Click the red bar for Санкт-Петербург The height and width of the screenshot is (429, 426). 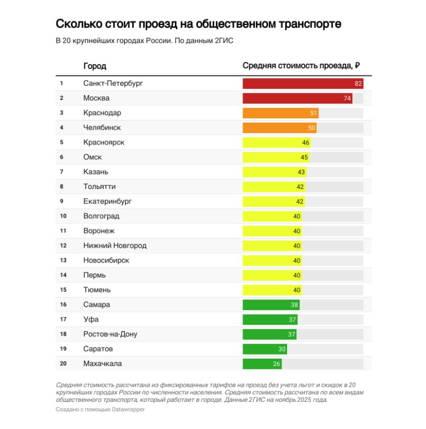tap(302, 84)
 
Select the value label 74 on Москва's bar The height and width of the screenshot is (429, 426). tap(347, 98)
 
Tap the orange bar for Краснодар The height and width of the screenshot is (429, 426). tap(280, 113)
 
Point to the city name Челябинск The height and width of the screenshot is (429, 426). tap(102, 128)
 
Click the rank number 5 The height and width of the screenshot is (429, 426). tap(62, 142)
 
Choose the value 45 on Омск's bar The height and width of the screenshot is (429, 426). tap(304, 157)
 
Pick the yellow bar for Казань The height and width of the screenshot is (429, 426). tap(274, 172)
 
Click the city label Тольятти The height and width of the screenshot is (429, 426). tap(99, 187)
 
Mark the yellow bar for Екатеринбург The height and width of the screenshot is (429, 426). tap(274, 201)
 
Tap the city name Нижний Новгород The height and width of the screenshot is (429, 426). tap(115, 245)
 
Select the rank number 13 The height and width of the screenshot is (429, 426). tap(63, 260)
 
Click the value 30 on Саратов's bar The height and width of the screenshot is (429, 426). tap(282, 349)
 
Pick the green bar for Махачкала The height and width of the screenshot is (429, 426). tap(262, 363)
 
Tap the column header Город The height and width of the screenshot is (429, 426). tap(94, 66)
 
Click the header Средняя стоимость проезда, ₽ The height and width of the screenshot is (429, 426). tap(301, 66)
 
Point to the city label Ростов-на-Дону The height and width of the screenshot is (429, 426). tap(110, 334)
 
